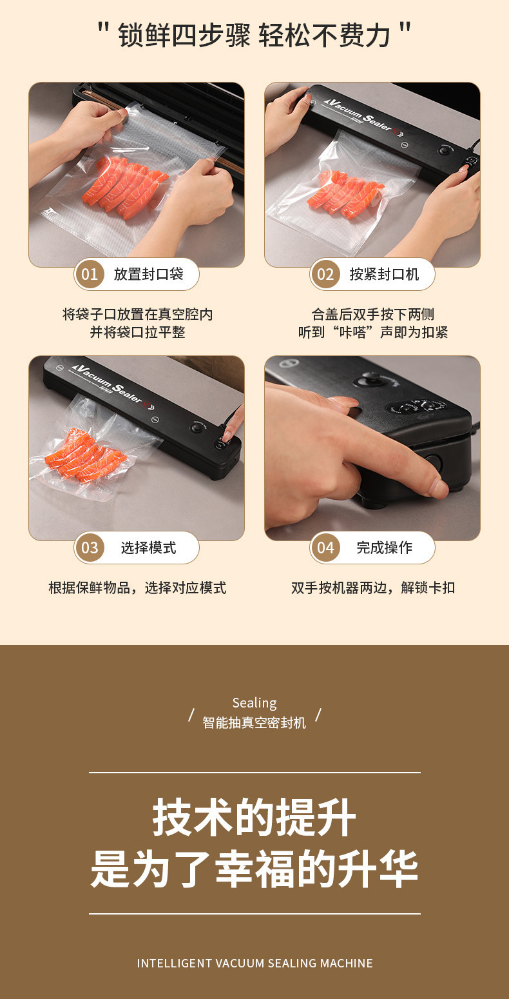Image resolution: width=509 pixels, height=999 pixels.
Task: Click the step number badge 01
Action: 90,274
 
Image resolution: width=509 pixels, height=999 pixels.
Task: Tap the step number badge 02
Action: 325,274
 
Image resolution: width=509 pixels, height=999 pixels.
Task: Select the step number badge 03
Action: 90,547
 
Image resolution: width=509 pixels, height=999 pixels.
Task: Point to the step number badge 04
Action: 325,547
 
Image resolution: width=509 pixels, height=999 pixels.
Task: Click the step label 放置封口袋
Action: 148,274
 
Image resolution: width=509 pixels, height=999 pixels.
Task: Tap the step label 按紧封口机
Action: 384,274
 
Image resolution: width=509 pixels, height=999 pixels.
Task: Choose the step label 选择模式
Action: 148,547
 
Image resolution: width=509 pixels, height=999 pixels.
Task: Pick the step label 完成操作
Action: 384,547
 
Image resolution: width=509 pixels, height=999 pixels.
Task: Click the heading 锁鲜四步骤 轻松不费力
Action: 254,35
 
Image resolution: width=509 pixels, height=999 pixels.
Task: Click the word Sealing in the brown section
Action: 254,703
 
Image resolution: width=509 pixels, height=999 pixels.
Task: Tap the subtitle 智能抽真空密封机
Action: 254,722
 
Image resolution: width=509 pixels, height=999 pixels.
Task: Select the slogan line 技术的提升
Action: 254,817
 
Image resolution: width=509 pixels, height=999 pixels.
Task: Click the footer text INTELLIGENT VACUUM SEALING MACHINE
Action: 254,964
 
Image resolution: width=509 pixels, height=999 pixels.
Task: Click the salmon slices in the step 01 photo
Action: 125,186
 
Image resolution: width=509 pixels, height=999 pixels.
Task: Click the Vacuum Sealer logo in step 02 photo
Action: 364,115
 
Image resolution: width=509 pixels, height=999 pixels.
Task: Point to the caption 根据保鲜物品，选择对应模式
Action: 137,588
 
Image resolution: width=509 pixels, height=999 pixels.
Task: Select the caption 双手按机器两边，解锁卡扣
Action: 373,588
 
